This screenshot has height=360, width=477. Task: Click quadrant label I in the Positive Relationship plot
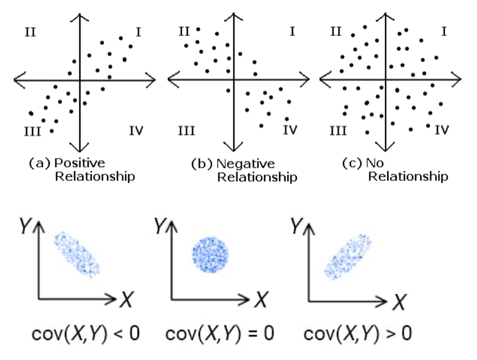click(x=138, y=31)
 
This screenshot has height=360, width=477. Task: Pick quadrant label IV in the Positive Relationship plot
click(x=135, y=131)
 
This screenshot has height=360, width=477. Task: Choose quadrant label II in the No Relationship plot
click(x=337, y=31)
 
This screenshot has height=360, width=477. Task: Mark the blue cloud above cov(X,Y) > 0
click(x=348, y=255)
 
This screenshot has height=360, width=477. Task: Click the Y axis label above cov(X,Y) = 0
click(x=159, y=225)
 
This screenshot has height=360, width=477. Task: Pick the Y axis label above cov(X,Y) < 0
click(x=24, y=225)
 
